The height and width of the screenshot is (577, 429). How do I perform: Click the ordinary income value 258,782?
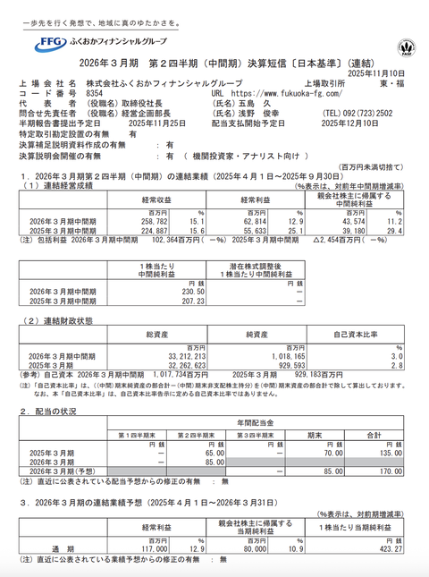pos(128,219)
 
